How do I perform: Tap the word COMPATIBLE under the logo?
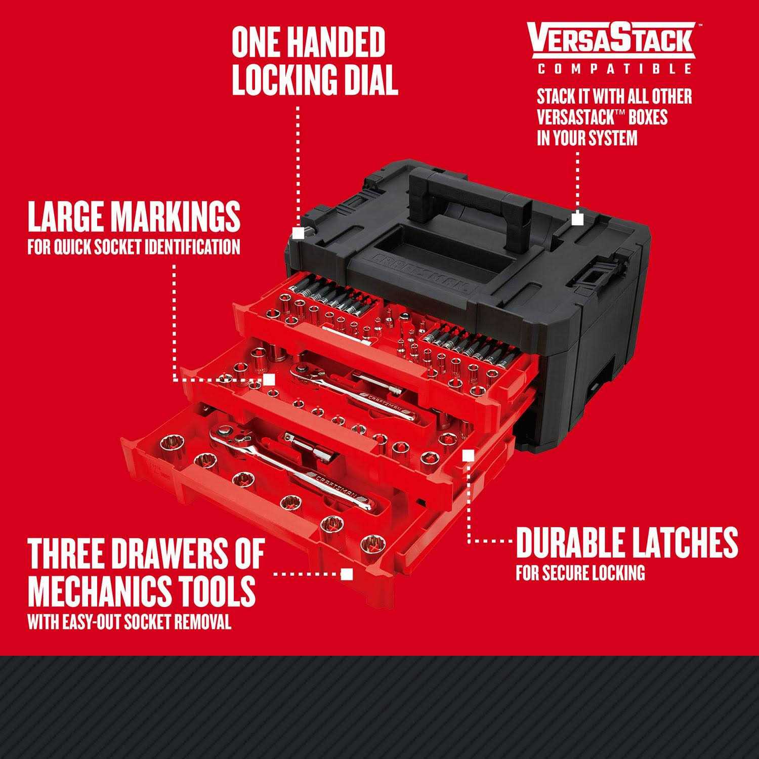[x=614, y=69]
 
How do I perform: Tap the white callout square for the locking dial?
[x=298, y=232]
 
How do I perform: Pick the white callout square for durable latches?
[x=469, y=455]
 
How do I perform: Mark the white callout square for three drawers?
[x=347, y=574]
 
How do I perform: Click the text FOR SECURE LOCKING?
[x=580, y=573]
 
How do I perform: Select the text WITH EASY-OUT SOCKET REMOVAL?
[x=129, y=622]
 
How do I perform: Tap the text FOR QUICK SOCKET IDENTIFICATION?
[x=134, y=247]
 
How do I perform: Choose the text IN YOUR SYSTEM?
[x=587, y=138]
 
